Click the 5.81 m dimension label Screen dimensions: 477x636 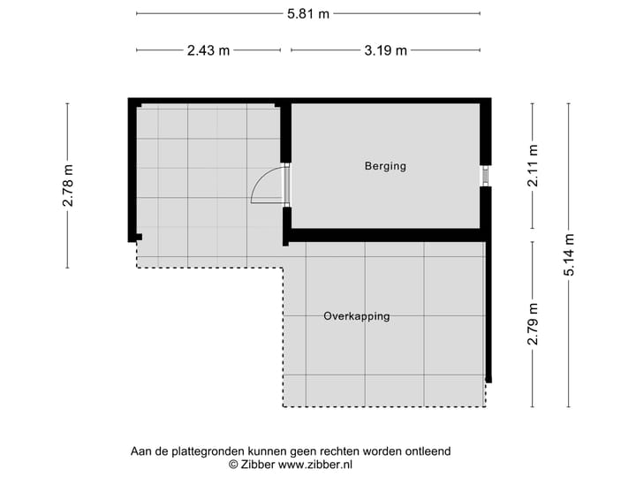(x=308, y=13)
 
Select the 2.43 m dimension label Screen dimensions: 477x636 (x=208, y=50)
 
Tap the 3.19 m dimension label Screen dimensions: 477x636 (x=386, y=50)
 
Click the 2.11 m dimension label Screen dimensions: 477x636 (x=532, y=164)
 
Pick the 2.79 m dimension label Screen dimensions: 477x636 (x=532, y=323)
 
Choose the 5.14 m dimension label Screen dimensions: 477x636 (x=569, y=254)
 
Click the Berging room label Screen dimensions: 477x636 (x=385, y=166)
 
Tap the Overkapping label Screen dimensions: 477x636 (x=356, y=316)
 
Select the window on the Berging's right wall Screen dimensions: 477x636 (x=485, y=176)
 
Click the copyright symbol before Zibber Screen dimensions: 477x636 (x=233, y=464)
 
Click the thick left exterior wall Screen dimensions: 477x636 (x=132, y=168)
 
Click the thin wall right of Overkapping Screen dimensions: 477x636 (x=488, y=309)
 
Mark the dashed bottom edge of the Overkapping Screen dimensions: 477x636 (x=384, y=406)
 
